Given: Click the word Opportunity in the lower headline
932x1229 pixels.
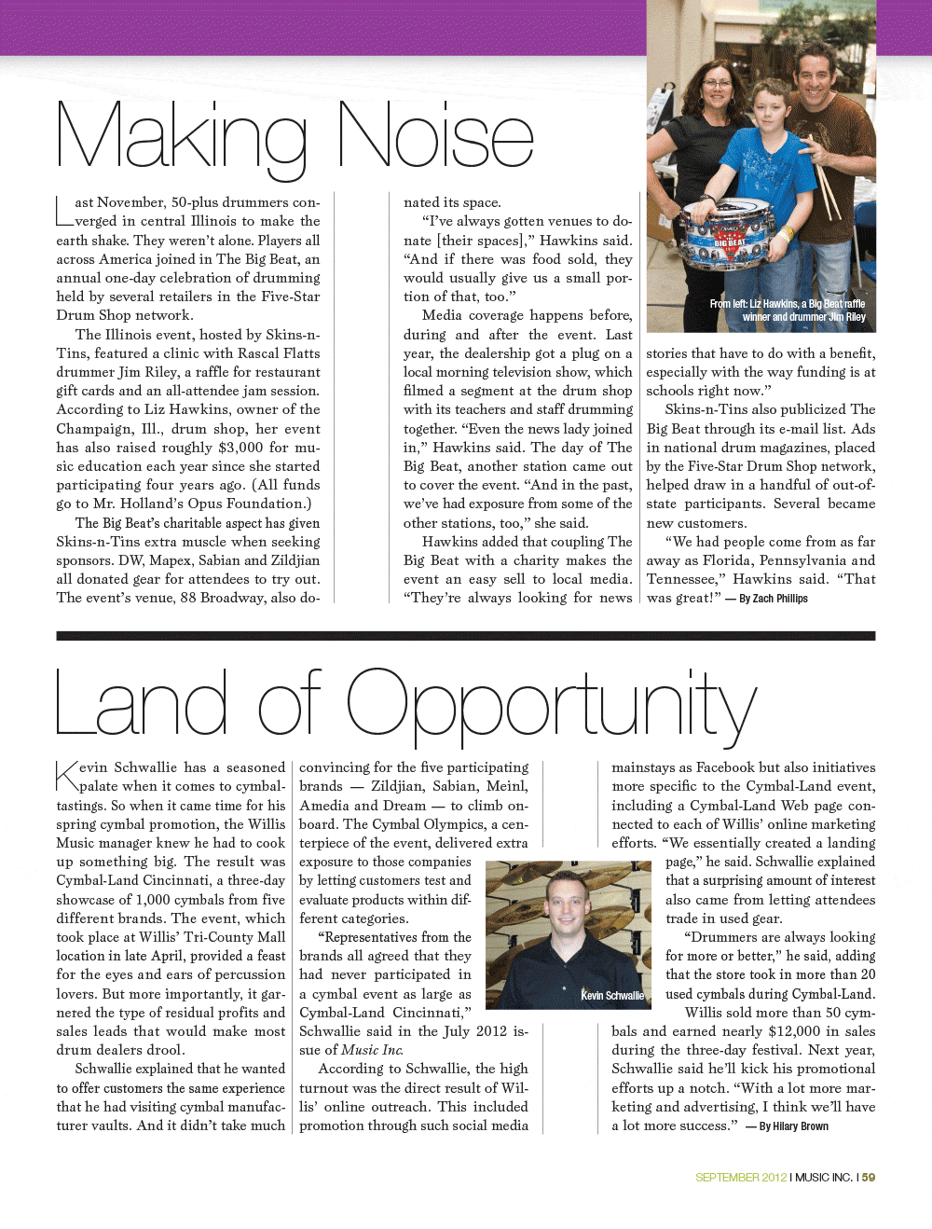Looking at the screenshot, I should (x=552, y=705).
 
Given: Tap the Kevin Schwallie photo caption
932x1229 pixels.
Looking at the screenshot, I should (x=612, y=996).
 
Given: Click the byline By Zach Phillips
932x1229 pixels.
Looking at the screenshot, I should (x=773, y=599).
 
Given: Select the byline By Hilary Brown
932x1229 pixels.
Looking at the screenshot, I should (x=793, y=1126).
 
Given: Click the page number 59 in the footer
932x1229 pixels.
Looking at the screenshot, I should (x=869, y=1178).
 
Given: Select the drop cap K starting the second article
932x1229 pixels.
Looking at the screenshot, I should (x=66, y=777).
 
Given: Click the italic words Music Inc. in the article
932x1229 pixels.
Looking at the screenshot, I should (x=372, y=1050).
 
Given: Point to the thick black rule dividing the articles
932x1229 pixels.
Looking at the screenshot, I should (x=465, y=636).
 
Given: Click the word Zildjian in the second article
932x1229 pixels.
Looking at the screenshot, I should (x=397, y=786).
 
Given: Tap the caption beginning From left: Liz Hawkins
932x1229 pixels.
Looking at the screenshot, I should (x=788, y=311).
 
